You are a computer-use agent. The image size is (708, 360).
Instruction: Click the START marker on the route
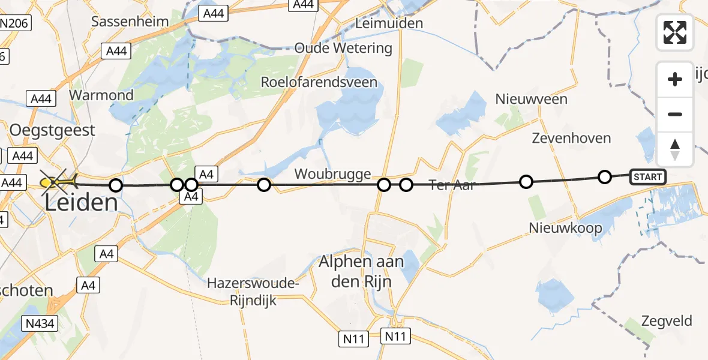pyautogui.click(x=647, y=176)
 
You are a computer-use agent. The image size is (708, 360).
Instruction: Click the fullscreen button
pyautogui.click(x=675, y=32)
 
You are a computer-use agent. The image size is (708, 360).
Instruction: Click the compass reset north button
pyautogui.click(x=675, y=149)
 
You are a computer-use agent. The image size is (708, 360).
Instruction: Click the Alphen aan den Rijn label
pyautogui.click(x=361, y=271)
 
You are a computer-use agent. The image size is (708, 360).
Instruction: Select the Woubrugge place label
pyautogui.click(x=332, y=174)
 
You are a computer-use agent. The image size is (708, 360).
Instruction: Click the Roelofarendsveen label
pyautogui.click(x=319, y=82)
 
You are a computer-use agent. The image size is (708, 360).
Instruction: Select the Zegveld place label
pyautogui.click(x=666, y=320)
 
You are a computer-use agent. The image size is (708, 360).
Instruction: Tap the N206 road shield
pyautogui.click(x=16, y=24)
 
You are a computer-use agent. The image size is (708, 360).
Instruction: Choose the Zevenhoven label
pyautogui.click(x=571, y=138)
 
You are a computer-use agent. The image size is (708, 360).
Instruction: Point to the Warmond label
pyautogui.click(x=101, y=95)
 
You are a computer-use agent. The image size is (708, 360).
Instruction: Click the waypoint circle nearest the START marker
pyautogui.click(x=605, y=176)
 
